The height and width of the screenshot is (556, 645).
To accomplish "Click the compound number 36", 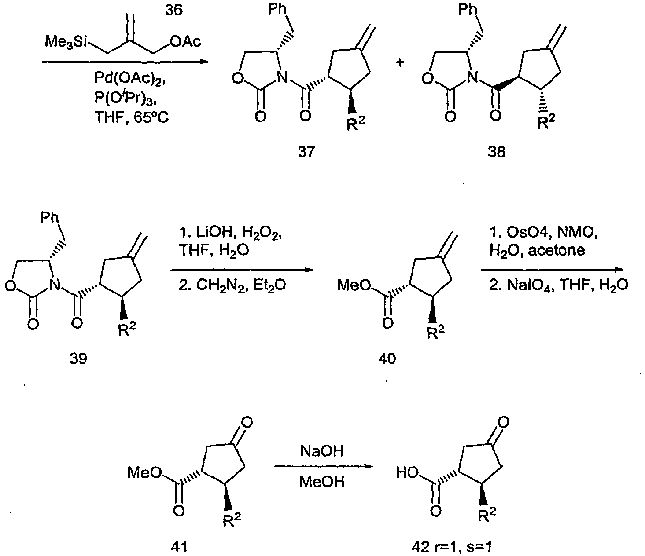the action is tap(174, 10).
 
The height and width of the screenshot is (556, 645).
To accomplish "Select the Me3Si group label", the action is tap(66, 41).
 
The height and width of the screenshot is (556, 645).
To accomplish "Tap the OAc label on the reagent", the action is tap(186, 41).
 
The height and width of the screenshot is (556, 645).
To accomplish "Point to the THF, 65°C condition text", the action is tap(131, 117).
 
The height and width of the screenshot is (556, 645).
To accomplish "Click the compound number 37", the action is tap(306, 152).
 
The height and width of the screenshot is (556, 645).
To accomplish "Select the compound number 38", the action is tap(497, 152).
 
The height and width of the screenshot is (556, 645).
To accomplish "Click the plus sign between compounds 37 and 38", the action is tap(400, 62).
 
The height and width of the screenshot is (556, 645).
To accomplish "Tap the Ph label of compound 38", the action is tap(468, 9).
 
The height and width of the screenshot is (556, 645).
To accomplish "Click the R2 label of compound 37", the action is tap(355, 124).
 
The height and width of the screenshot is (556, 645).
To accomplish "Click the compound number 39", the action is tap(78, 359).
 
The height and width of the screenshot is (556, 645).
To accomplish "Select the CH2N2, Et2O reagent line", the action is tap(232, 285).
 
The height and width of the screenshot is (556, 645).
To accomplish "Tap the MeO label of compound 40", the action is tap(354, 285).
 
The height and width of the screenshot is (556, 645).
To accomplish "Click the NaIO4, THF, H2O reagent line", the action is tap(558, 285).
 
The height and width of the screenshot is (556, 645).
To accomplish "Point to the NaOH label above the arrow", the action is tap(322, 451).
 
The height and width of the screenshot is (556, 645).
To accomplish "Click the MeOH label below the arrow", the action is tap(322, 482).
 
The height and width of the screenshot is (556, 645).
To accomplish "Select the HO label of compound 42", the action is tap(407, 473).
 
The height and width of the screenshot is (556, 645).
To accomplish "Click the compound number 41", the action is tap(179, 547).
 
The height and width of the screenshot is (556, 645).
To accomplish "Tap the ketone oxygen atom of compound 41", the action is tap(247, 423).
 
